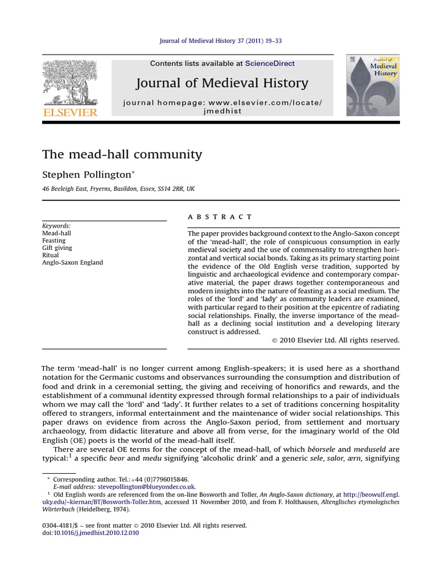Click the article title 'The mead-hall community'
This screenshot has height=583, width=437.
click(x=122, y=154)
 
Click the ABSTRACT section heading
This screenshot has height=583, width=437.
click(x=219, y=217)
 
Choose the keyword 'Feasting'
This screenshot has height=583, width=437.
click(x=54, y=241)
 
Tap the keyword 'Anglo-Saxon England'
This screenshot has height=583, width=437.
click(x=73, y=263)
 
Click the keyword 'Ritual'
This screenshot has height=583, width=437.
click(x=51, y=256)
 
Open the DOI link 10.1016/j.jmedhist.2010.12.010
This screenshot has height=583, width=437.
click(x=96, y=533)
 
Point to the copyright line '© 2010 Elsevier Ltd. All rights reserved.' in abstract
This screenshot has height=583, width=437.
click(x=336, y=340)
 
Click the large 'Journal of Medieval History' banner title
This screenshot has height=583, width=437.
click(x=222, y=83)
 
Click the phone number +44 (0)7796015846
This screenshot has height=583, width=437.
click(x=146, y=479)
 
